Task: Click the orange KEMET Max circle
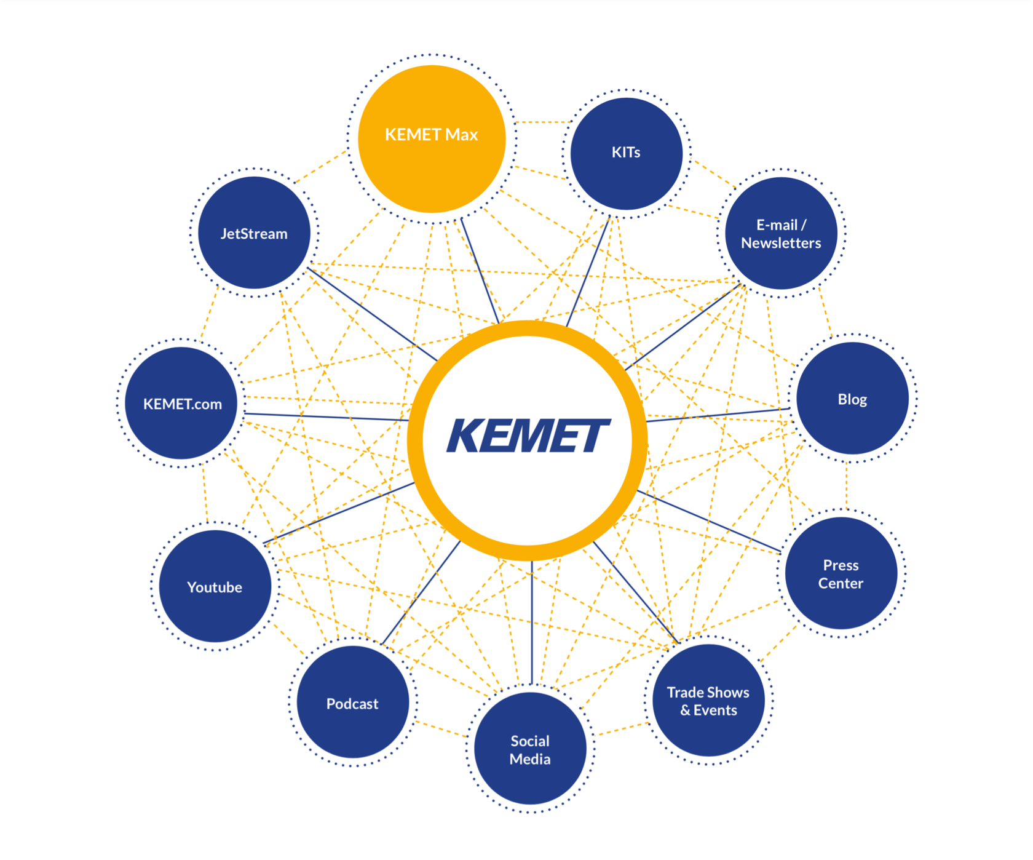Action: pos(432,139)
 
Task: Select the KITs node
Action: pos(626,153)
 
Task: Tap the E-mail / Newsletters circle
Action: pos(781,233)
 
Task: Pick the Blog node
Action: pos(852,399)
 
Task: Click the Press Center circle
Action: pos(841,573)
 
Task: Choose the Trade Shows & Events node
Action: pos(708,701)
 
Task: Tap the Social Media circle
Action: pos(530,749)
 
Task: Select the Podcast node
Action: pos(352,703)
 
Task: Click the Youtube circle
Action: pos(215,586)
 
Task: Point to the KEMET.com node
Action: pos(181,404)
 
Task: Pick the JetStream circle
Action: pos(254,233)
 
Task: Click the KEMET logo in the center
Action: pos(528,437)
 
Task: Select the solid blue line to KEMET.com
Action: pos(326,416)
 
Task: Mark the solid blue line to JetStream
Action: pos(372,314)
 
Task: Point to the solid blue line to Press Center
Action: pos(707,520)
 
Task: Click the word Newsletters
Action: pos(781,243)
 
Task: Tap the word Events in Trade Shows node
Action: pos(715,710)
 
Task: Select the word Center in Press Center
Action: pos(841,583)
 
